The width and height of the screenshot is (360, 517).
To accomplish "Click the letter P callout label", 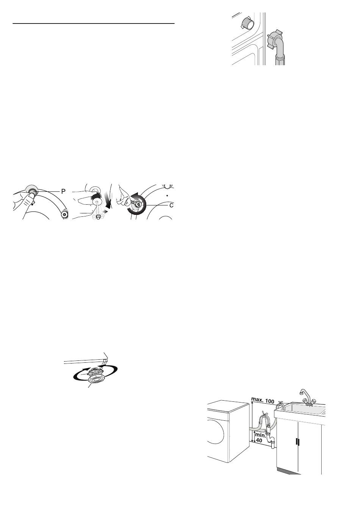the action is pos(63,191).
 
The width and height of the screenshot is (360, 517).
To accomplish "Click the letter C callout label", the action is pos(171,205).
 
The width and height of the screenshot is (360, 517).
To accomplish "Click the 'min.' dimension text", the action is pos(260,436).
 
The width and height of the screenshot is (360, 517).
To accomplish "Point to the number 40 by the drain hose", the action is pos(259,440).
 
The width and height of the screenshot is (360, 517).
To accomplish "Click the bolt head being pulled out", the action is pos(98,216).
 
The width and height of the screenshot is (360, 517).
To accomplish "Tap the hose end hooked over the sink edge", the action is pos(281,406).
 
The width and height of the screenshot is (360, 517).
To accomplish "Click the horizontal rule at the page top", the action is pos(94,23).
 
